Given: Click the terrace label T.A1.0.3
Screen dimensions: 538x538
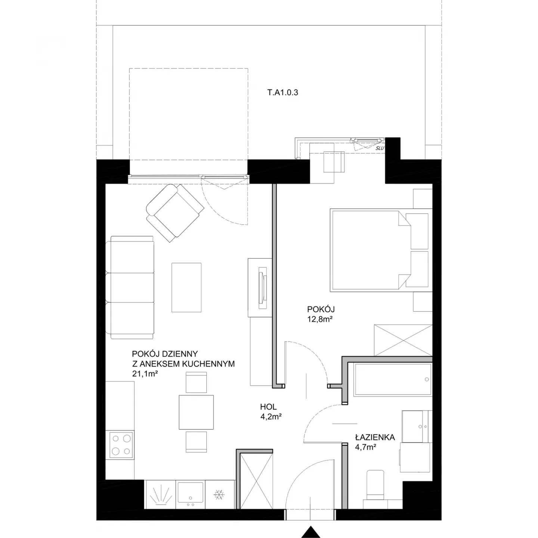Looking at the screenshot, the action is coord(282,92).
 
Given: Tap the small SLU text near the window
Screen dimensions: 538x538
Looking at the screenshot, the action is coord(380,148).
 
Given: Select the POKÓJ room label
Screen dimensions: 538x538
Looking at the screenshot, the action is coord(321,309).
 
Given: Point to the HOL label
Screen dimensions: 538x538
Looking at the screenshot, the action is coord(268,406).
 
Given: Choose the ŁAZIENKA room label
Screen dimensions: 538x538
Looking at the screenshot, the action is coord(375,437).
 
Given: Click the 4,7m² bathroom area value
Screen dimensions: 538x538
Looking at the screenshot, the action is coord(365,447).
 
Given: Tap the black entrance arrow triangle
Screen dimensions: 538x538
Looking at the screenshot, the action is coord(311,532).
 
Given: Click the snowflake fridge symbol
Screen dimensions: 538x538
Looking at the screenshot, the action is coord(219,495).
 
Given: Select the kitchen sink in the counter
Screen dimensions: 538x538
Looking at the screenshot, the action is coord(191,494).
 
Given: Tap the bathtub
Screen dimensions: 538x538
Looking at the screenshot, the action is coord(392,380).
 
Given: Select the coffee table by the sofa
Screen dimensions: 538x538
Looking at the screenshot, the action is coord(186,287).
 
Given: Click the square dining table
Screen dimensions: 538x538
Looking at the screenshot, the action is coord(196,412).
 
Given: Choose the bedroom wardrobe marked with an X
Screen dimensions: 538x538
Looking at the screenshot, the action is coord(403,340).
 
